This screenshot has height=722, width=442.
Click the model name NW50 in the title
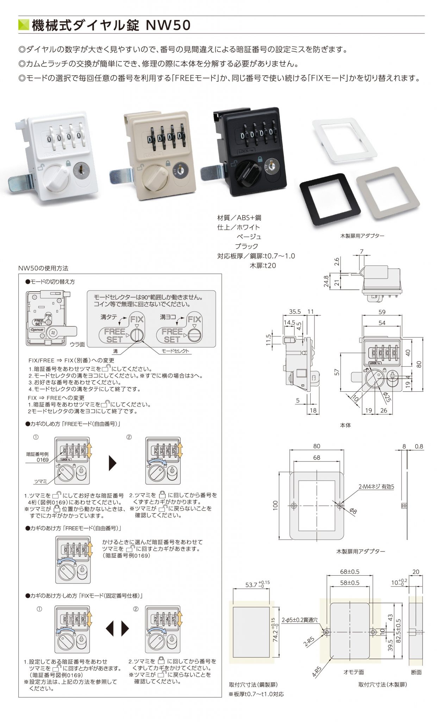click(168, 26)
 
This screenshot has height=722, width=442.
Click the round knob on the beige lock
click(157, 175)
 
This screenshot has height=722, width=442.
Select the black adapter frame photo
click(330, 198)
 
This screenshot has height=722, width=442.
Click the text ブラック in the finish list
click(247, 246)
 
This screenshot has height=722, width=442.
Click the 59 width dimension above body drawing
click(382, 312)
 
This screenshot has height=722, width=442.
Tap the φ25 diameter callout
click(387, 397)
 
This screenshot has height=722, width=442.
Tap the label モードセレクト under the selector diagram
click(175, 351)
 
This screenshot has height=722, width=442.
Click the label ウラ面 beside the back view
click(77, 344)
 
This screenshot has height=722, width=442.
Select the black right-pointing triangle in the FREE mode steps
click(112, 463)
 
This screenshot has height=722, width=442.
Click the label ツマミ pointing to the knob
click(41, 481)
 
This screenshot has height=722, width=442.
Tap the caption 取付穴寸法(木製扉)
click(382, 684)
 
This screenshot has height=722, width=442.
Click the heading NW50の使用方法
click(43, 268)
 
